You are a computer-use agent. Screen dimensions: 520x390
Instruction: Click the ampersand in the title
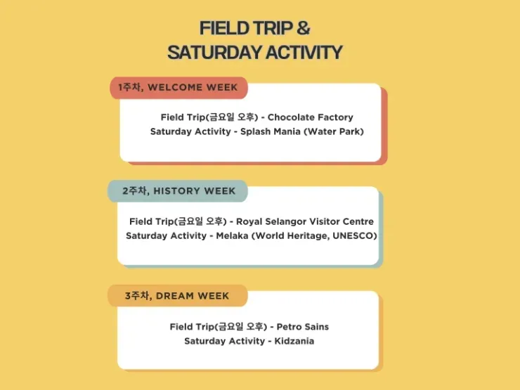click(x=303, y=28)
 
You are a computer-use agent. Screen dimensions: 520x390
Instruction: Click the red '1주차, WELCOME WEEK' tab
click(x=178, y=88)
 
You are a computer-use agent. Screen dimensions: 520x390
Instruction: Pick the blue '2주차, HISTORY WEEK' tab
click(x=178, y=191)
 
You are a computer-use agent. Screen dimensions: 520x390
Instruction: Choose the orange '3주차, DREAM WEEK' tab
click(x=177, y=295)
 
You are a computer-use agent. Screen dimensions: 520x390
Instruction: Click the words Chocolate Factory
click(x=311, y=117)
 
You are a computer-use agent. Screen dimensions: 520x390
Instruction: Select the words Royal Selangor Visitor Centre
click(x=305, y=221)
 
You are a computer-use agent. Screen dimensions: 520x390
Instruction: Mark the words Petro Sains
click(x=302, y=327)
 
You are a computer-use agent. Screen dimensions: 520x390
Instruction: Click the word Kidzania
click(x=294, y=342)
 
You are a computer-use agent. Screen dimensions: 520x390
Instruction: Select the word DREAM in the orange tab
click(x=175, y=296)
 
